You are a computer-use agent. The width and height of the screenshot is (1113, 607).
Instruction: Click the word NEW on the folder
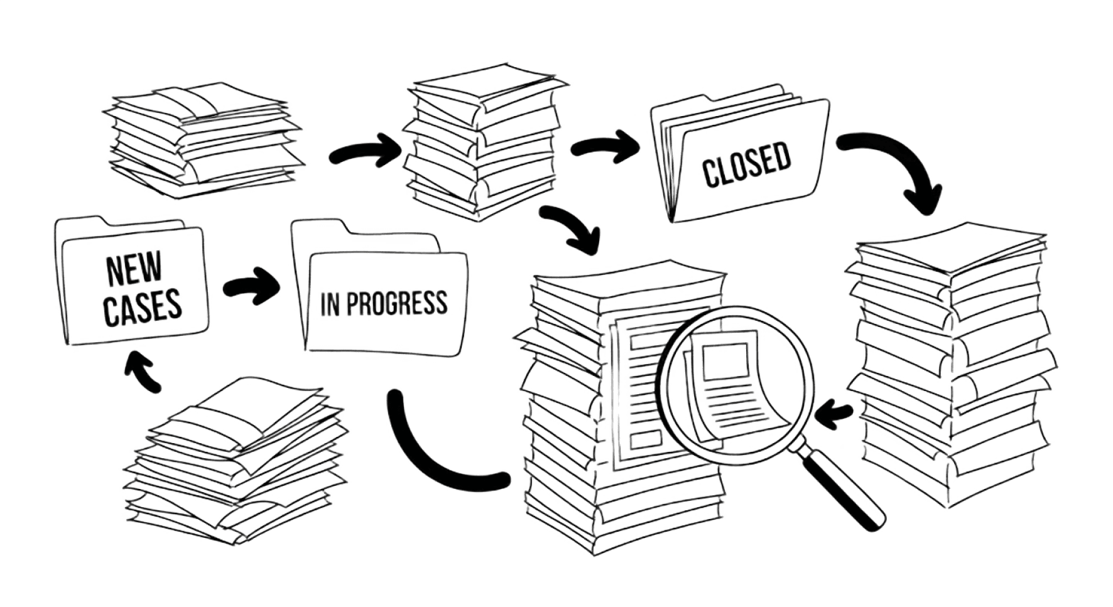pos(134,269)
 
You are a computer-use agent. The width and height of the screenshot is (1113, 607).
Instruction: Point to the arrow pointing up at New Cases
pos(143,371)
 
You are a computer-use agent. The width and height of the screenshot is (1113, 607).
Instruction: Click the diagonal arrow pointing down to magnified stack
pos(572,229)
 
